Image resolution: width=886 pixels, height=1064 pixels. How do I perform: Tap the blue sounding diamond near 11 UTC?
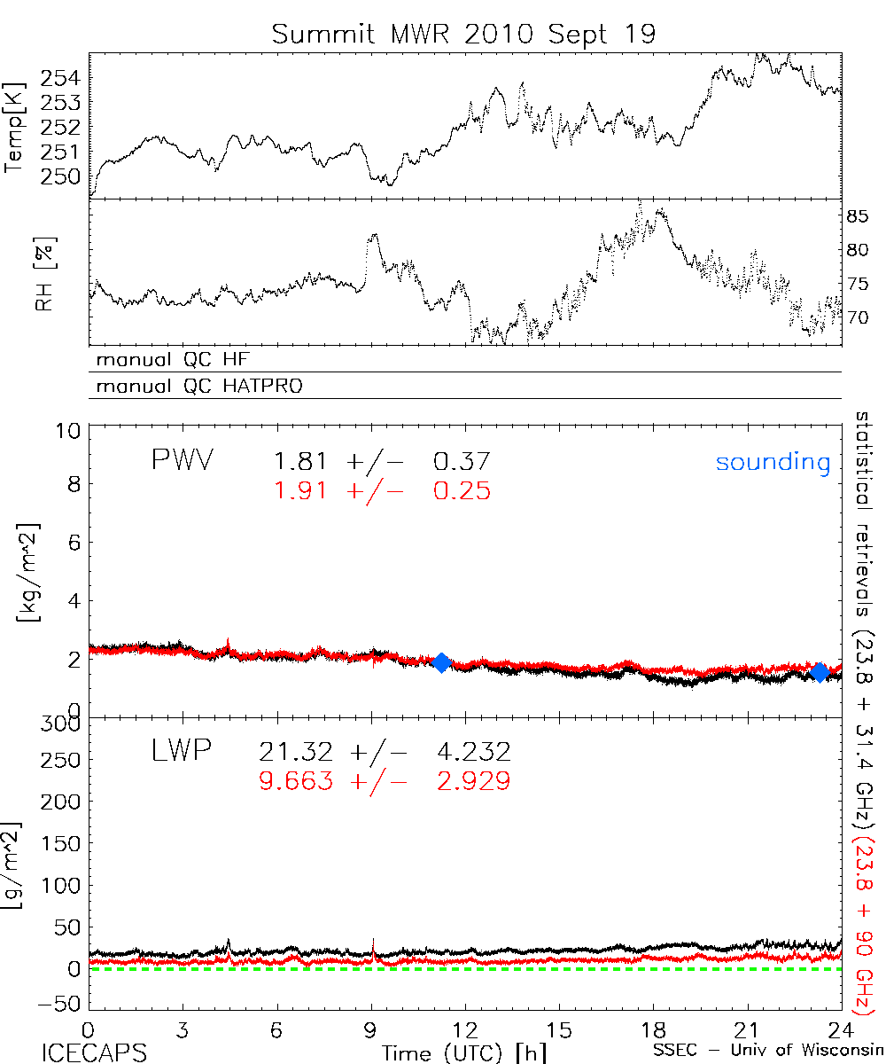click(441, 662)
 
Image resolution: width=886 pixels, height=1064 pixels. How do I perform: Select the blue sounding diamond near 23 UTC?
click(820, 673)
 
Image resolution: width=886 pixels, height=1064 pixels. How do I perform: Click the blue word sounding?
click(773, 462)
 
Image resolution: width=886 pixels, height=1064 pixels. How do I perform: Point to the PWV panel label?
click(182, 460)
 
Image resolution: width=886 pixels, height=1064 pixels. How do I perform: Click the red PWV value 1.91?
click(304, 490)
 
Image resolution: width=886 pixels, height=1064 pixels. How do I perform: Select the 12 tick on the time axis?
click(466, 1030)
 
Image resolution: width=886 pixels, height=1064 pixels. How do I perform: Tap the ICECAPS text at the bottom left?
click(94, 1052)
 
